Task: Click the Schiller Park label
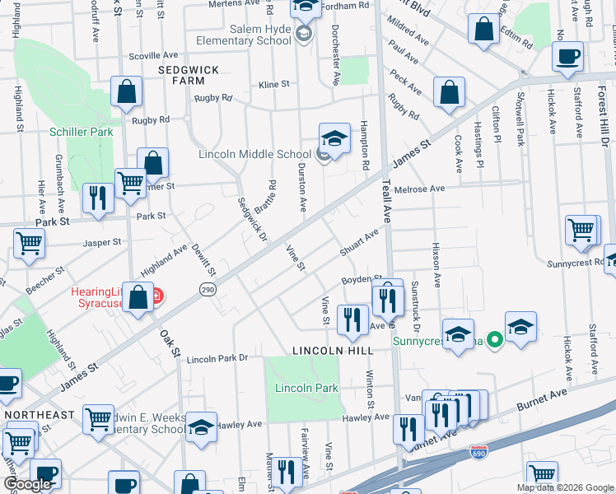point(81,132)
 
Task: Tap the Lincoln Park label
point(296,388)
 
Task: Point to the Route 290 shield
point(207,289)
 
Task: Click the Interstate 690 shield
point(478,453)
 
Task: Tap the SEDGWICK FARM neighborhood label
point(189,71)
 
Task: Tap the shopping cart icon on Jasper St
point(29,243)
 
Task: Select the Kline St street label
point(274,84)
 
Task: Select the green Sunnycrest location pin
point(494,339)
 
